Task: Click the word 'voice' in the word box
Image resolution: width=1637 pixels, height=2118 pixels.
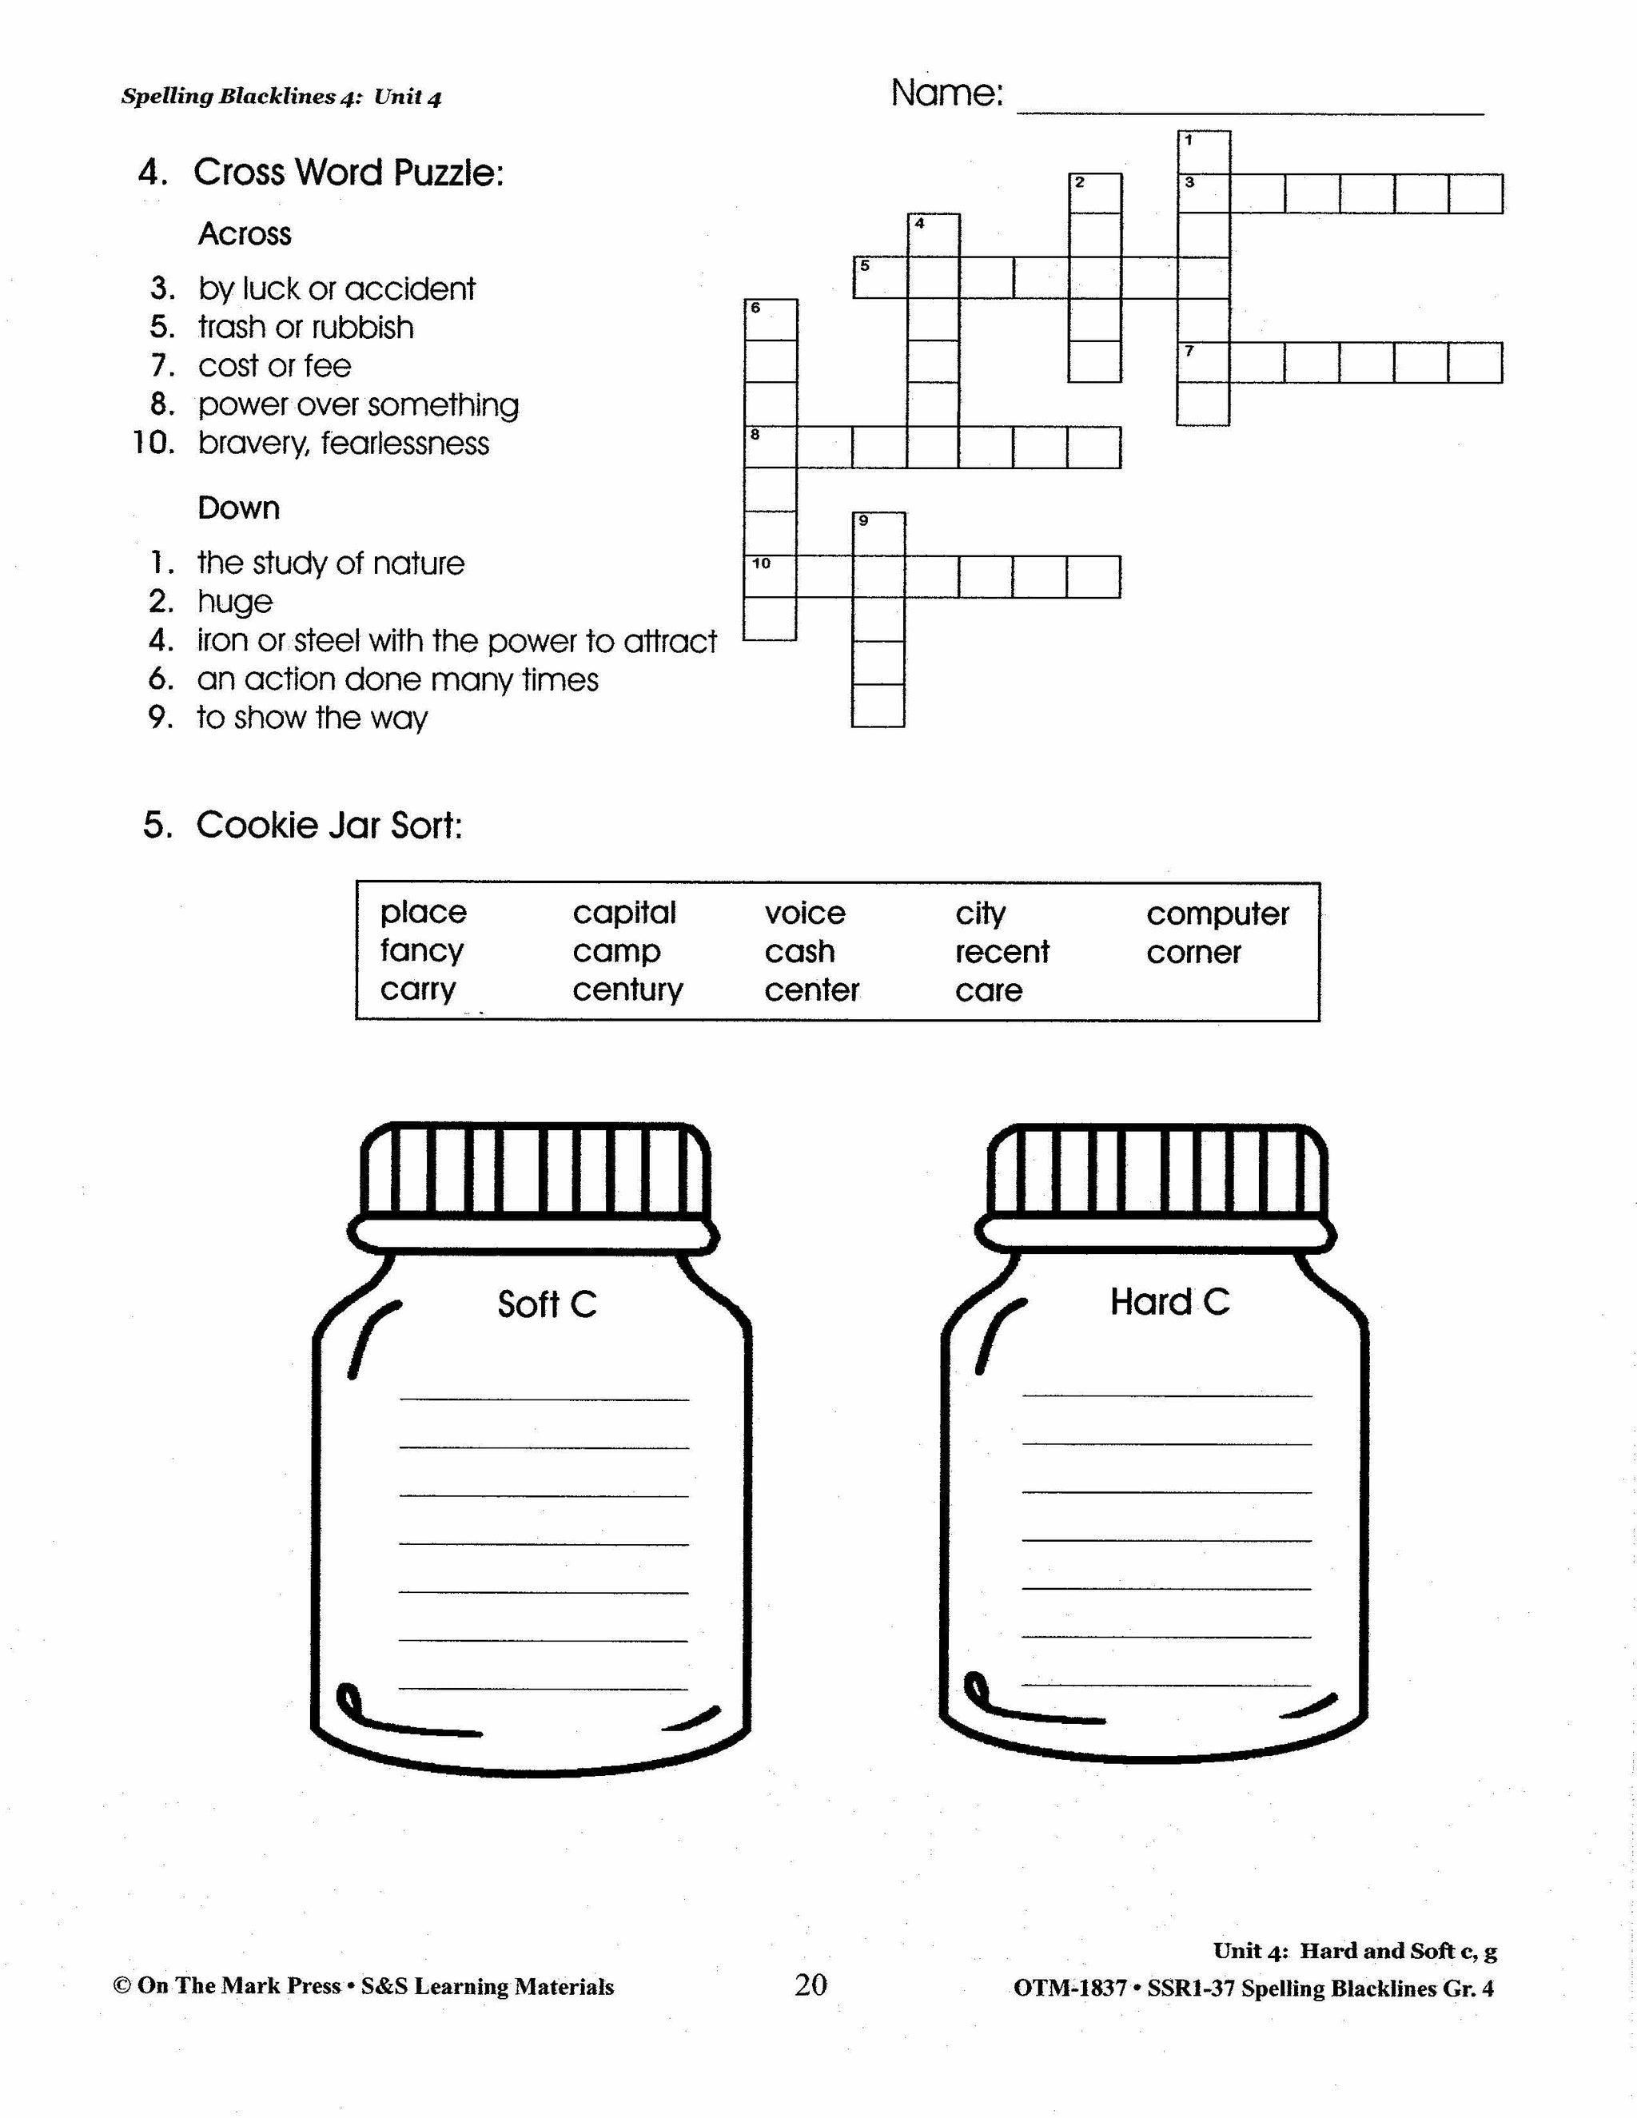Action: click(804, 913)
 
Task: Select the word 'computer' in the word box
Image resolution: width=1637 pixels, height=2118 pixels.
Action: click(1217, 914)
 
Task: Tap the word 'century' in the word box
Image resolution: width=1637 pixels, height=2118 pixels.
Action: click(627, 990)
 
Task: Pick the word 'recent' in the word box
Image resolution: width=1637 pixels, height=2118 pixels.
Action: click(1002, 951)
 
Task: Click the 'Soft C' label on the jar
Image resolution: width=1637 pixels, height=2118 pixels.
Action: click(547, 1304)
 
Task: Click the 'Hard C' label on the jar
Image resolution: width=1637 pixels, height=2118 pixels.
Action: click(1169, 1301)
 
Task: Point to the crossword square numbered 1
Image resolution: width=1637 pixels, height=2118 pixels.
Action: click(1204, 152)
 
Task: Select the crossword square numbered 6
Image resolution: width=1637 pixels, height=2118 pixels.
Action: click(770, 320)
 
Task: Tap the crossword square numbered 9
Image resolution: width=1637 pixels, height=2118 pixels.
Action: click(878, 533)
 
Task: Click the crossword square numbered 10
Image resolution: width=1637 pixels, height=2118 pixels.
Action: click(770, 576)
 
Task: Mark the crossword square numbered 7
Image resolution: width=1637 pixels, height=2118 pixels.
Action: click(1204, 363)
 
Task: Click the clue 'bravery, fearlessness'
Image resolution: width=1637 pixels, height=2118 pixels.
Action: click(343, 444)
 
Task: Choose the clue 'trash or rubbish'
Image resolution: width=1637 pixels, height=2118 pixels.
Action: click(305, 327)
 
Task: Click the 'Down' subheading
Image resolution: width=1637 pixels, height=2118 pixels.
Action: click(238, 508)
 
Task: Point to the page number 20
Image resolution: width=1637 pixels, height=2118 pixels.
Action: click(811, 1985)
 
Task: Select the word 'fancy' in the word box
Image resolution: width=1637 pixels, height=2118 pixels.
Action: click(422, 950)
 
